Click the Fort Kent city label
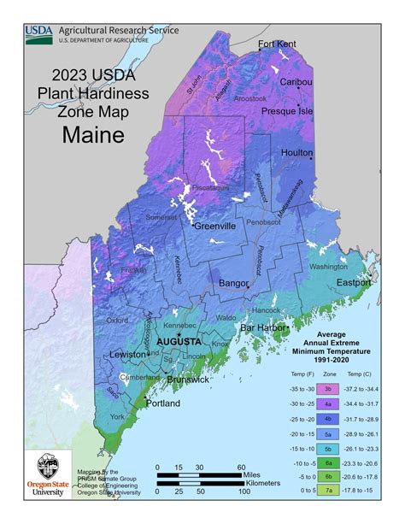click(x=277, y=44)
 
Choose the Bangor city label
click(x=233, y=282)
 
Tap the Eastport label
click(x=353, y=282)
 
